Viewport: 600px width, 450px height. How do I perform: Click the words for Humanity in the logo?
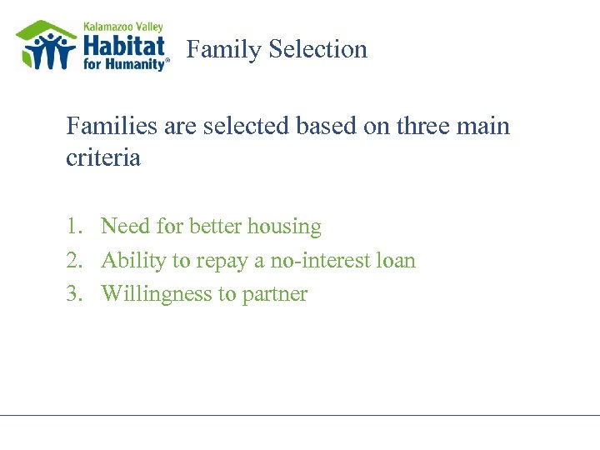pos(124,63)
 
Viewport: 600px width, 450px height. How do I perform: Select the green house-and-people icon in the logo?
pos(47,46)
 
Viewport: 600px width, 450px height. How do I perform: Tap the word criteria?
pos(103,158)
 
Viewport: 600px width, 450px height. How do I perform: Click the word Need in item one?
pos(124,227)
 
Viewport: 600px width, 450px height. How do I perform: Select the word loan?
pos(397,261)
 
